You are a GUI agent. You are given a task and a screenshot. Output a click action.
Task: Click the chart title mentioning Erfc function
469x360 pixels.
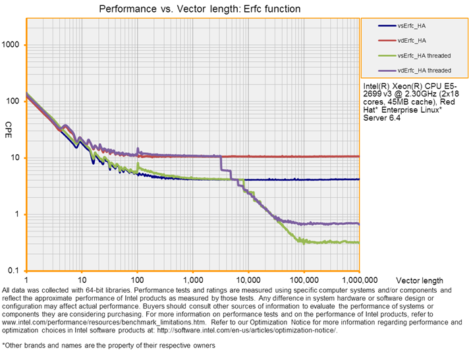coord(200,9)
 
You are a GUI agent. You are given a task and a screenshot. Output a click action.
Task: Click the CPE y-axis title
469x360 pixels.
coord(9,126)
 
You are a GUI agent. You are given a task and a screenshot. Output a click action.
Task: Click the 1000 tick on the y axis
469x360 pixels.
coord(12,45)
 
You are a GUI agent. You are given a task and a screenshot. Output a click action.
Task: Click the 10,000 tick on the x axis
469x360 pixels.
coord(248,280)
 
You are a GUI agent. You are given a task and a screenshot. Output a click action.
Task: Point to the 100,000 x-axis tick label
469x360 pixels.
coord(303,280)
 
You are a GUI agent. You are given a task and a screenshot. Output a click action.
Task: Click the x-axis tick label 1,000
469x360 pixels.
coord(192,280)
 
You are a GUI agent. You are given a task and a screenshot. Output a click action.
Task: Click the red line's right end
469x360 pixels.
coord(358,156)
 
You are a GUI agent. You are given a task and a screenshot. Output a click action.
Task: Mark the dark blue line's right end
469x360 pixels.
coord(358,179)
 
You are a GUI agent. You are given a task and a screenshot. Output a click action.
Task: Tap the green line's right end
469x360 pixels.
coord(358,243)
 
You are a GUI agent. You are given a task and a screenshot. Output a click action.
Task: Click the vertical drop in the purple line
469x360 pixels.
coord(222,164)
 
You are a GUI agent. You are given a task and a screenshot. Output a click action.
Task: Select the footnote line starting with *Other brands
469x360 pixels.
coord(108,345)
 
